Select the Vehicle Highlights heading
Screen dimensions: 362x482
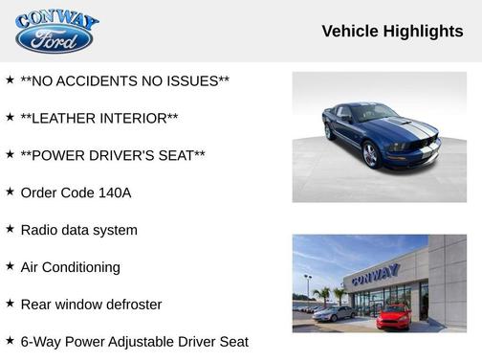point(392,32)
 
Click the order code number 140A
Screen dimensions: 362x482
point(115,192)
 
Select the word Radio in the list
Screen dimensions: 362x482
point(39,230)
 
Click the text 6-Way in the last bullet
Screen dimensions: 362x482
point(40,342)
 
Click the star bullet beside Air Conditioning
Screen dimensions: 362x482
point(10,266)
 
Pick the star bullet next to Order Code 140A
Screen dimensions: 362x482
point(10,192)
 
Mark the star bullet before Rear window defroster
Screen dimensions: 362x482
point(10,304)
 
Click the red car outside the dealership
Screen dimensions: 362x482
point(393,315)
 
